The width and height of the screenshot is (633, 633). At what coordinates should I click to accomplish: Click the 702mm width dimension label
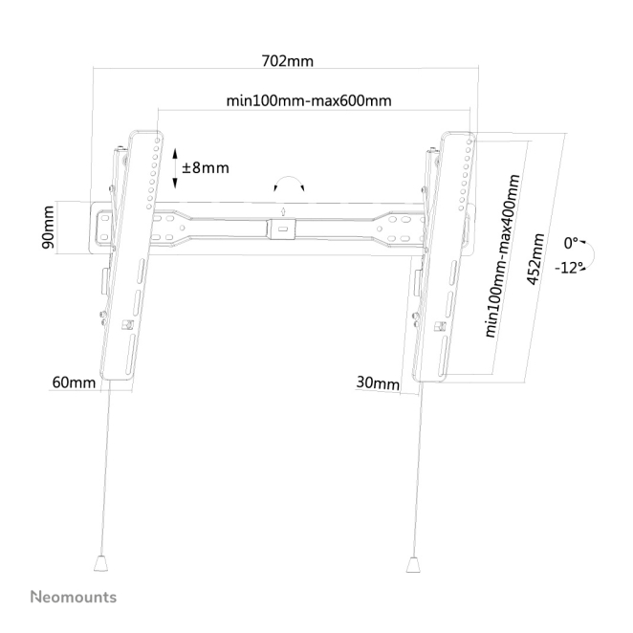point(288,61)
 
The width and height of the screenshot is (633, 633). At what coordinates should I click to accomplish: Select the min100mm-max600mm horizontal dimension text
point(309,100)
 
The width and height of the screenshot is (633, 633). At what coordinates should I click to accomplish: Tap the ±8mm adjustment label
point(206,167)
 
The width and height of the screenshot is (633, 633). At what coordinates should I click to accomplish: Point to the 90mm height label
point(49,228)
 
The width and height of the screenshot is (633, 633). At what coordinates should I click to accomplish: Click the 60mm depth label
point(74,382)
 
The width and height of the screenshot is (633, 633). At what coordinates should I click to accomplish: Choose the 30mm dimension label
point(378,382)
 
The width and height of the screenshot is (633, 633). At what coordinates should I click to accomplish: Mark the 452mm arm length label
point(536,259)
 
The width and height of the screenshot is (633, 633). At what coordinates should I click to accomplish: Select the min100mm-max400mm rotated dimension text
point(502,256)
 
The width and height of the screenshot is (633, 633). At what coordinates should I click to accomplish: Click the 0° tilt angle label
point(571,244)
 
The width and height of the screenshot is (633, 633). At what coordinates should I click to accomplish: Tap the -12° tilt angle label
point(569,267)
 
